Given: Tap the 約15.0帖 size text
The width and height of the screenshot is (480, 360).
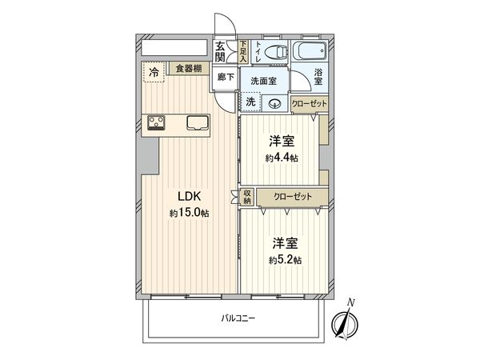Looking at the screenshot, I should click(189, 213).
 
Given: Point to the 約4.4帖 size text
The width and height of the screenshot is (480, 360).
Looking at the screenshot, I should click(282, 158).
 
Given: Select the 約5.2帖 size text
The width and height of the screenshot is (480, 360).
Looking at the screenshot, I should click(285, 260).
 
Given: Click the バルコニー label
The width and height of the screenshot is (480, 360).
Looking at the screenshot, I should click(238, 318).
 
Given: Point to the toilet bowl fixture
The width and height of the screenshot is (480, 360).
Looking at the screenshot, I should click(274, 52).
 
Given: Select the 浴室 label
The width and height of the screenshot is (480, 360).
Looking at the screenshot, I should click(318, 76).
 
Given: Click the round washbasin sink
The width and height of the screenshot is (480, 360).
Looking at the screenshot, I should click(274, 102).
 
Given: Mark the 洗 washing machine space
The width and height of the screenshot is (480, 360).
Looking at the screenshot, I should click(250, 102).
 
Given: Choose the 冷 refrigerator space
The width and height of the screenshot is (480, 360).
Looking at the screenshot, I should click(152, 72).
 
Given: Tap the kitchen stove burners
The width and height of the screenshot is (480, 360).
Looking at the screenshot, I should click(156, 122).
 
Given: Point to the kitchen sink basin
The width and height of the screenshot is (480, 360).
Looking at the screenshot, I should click(198, 122).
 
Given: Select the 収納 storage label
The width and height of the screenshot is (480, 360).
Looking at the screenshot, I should click(247, 197).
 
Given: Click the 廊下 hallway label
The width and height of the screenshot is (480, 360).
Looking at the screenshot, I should click(226, 77).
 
